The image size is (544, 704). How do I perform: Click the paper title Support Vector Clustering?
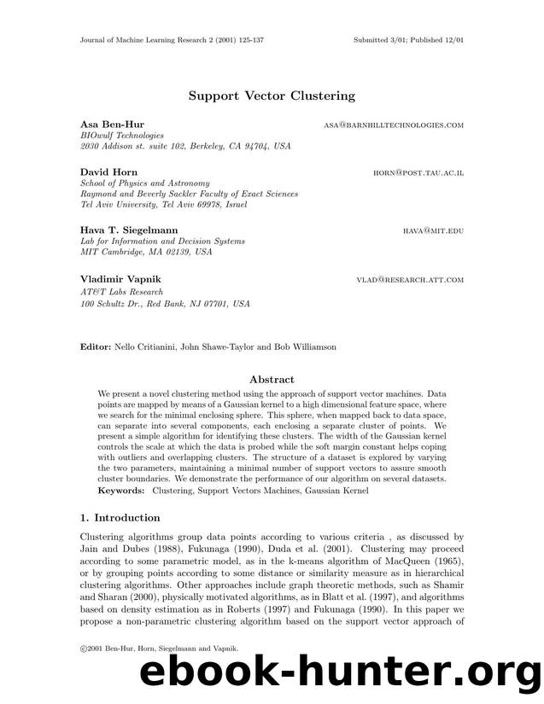coord(272,96)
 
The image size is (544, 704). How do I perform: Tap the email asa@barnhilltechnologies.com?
coord(394,125)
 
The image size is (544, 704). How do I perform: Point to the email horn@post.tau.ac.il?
coord(418,173)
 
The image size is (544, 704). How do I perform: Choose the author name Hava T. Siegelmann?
coord(127,230)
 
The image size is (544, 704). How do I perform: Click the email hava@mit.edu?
coord(434,231)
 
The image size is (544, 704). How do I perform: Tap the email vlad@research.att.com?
coord(410,280)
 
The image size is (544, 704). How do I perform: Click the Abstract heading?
coord(272,379)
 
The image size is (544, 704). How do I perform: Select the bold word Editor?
coord(95,347)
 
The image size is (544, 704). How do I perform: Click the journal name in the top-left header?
coord(167,40)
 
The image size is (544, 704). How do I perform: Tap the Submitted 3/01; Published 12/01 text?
coord(408,40)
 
